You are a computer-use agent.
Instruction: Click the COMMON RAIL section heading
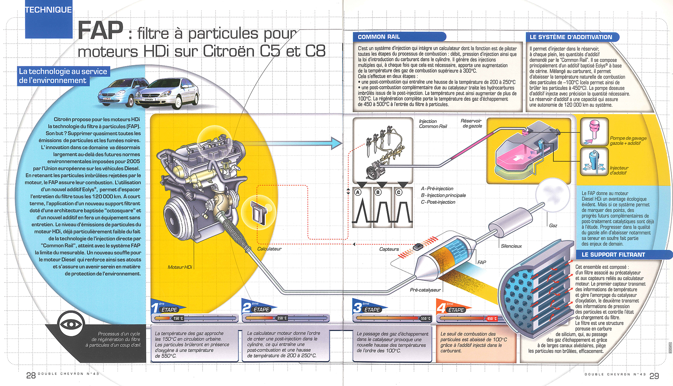point(379,37)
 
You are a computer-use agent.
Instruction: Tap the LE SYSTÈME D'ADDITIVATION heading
point(571,37)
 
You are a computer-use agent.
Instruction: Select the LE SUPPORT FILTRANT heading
point(613,255)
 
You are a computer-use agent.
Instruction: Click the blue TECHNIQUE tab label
point(48,10)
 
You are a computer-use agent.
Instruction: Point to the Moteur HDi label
point(180,267)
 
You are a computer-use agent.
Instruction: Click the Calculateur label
point(269,249)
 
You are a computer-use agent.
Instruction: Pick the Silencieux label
point(511,246)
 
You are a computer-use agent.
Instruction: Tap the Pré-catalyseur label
point(425,290)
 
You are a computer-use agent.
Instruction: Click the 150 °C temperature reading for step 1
point(178,318)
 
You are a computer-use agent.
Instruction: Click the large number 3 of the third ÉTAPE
point(357,308)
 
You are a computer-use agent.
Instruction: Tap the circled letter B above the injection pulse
point(378,192)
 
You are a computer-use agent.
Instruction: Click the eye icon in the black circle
point(71,324)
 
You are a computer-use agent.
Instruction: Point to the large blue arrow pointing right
point(336,143)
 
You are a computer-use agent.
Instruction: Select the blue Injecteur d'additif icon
point(594,162)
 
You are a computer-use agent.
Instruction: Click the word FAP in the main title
point(101,31)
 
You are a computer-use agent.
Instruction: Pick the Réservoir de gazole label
point(471,124)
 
